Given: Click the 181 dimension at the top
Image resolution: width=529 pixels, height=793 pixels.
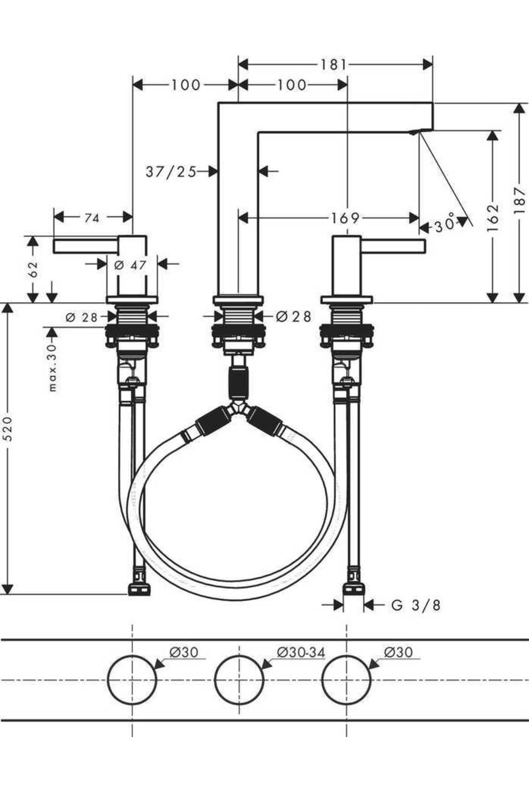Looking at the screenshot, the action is pos(334,65).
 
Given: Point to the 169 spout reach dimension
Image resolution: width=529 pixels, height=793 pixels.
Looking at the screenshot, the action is pos(345,218).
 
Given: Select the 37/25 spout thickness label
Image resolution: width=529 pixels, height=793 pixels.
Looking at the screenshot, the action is pos(171,171).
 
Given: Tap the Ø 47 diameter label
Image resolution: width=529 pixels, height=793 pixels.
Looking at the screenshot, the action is pos(130,265).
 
